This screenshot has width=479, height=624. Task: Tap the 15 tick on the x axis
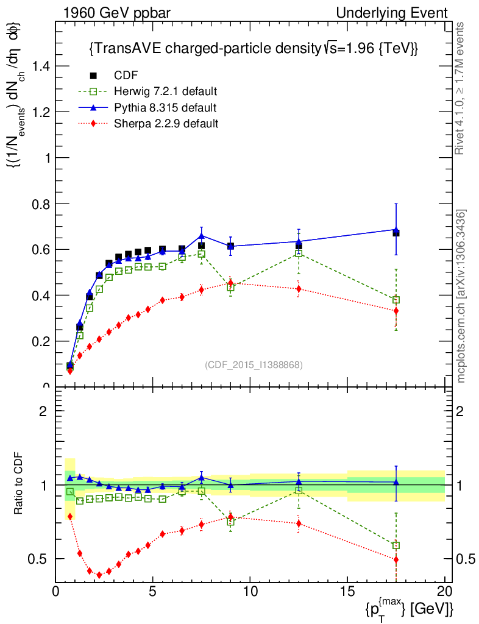point(347,590)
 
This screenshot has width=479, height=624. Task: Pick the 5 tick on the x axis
point(153,590)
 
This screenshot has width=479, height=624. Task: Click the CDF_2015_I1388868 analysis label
point(254,365)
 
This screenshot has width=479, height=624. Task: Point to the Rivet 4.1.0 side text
point(461,88)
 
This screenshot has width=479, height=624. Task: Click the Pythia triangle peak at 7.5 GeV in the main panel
point(202,236)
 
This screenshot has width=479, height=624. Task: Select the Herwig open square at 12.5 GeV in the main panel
point(299,253)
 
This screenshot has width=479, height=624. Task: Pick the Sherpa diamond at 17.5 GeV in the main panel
point(396,311)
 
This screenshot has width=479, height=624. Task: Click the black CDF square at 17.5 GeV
point(396,233)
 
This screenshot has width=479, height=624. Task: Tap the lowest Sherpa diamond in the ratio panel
point(99,575)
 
